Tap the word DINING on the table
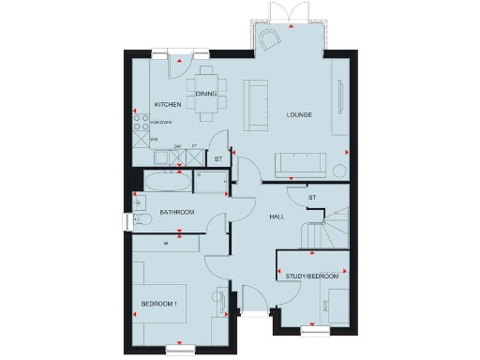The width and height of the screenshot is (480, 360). [206, 93]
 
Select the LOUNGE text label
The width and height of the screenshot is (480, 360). [299, 114]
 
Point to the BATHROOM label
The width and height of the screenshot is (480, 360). [176, 213]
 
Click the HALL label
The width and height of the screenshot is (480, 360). [277, 217]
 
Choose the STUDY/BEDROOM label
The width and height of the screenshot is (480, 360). [312, 276]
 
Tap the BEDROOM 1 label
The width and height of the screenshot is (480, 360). [159, 306]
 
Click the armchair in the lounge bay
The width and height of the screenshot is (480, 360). [271, 38]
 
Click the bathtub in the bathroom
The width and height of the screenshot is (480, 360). [164, 181]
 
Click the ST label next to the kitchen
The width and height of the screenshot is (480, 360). [217, 159]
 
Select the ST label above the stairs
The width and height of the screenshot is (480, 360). [312, 197]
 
